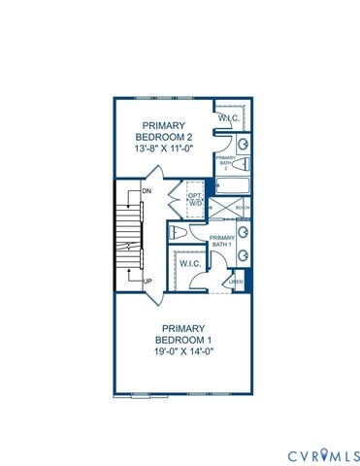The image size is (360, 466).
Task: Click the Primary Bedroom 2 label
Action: click(x=170, y=132)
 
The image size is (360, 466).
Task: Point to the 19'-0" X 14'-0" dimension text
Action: click(x=181, y=351)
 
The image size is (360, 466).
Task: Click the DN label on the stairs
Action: click(x=146, y=191)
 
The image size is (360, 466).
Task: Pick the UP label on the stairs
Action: click(x=147, y=282)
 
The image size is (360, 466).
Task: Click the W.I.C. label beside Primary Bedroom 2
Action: click(x=228, y=118)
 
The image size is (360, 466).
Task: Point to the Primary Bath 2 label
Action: click(x=225, y=161)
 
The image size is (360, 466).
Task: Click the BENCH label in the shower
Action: click(x=243, y=208)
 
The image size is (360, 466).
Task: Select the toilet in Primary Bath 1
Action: click(x=177, y=235)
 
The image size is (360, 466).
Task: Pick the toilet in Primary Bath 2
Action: click(x=243, y=144)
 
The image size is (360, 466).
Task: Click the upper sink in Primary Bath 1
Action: click(x=244, y=232)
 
